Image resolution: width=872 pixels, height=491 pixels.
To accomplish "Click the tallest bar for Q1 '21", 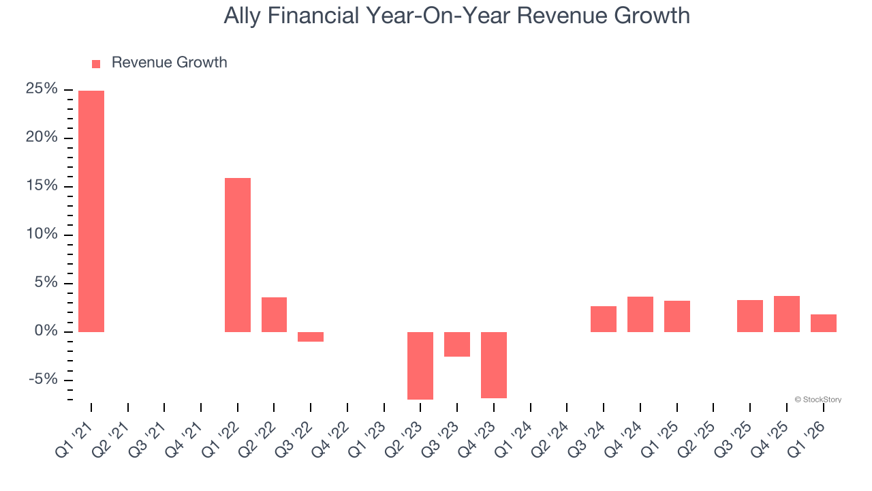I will click(x=91, y=211).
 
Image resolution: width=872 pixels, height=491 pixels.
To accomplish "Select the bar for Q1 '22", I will click(x=238, y=255).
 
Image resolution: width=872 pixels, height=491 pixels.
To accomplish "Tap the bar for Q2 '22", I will click(x=274, y=314).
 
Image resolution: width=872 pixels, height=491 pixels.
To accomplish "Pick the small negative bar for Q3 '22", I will click(x=311, y=337).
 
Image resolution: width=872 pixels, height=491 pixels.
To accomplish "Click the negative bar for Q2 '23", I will click(x=420, y=366).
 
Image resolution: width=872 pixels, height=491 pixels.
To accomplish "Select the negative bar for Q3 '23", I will click(x=457, y=344).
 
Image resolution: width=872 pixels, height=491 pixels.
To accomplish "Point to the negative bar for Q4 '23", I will click(x=494, y=365).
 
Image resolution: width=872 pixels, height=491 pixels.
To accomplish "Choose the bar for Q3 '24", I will click(x=604, y=319).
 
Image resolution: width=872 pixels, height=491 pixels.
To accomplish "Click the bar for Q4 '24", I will click(x=640, y=314).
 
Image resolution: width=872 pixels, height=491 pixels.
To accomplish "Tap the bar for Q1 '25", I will click(x=677, y=316).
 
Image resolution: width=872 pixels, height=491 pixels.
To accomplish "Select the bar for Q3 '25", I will click(x=750, y=316).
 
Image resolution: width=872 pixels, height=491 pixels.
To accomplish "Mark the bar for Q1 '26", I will click(x=824, y=323).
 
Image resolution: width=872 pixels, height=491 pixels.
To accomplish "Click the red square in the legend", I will click(x=96, y=63).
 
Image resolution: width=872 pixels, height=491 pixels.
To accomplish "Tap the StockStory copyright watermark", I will click(x=817, y=400).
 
